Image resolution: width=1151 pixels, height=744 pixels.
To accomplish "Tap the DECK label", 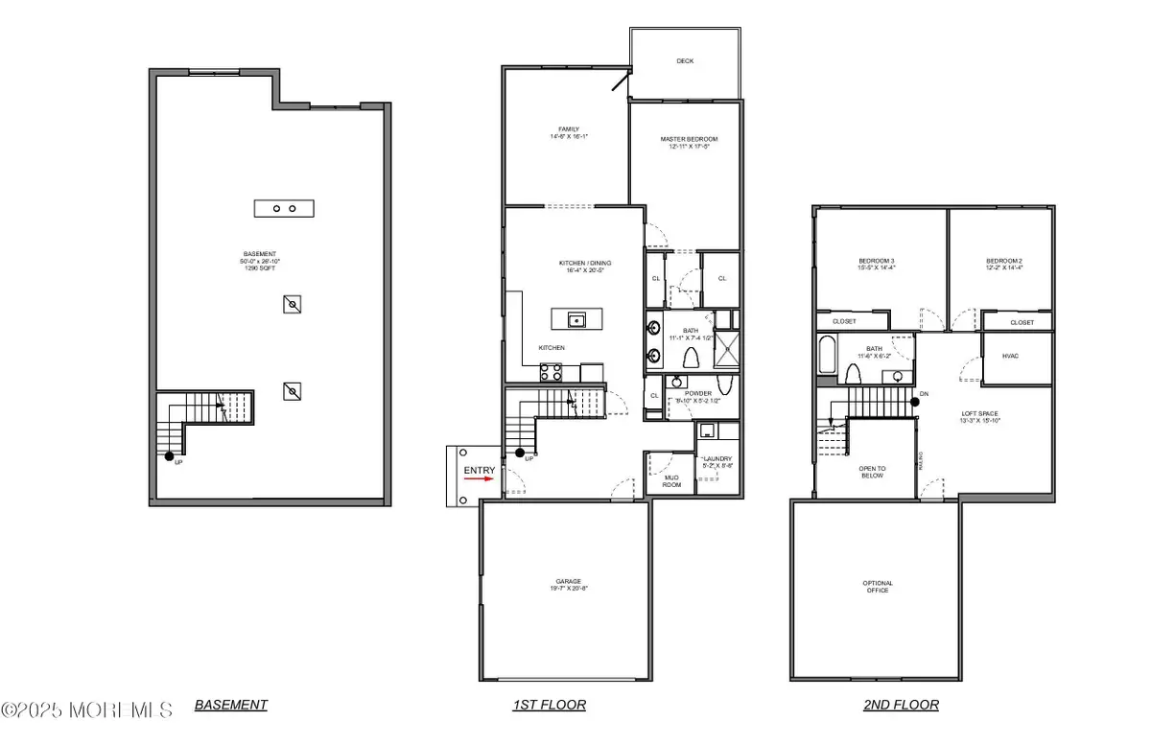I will coord(685,61).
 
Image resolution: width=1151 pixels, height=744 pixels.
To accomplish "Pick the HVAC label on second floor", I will coord(1009,355).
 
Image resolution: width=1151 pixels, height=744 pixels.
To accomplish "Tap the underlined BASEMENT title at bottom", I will coord(231,705).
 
